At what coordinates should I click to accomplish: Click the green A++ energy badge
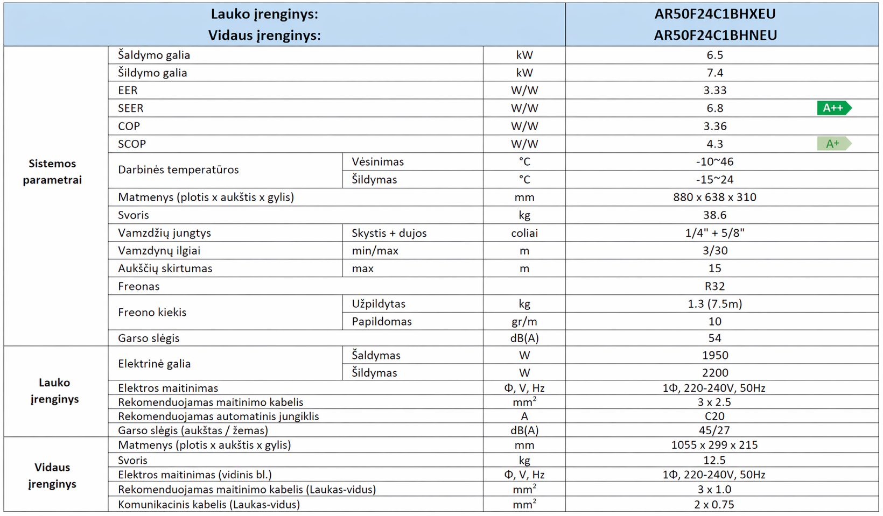pyautogui.click(x=833, y=108)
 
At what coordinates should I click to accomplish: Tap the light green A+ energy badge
pyautogui.click(x=833, y=144)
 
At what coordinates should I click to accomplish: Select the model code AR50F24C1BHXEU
pyautogui.click(x=715, y=15)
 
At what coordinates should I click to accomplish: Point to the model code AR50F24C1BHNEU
pyautogui.click(x=715, y=36)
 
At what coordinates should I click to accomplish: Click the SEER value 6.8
pyautogui.click(x=714, y=108)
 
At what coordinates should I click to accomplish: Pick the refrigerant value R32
pyautogui.click(x=714, y=286)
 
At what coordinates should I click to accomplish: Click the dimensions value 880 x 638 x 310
pyautogui.click(x=714, y=197)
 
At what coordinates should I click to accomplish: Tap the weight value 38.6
pyautogui.click(x=714, y=215)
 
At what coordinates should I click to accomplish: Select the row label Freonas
pyautogui.click(x=139, y=286)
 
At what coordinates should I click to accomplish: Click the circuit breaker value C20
pyautogui.click(x=714, y=416)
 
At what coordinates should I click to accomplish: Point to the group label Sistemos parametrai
pyautogui.click(x=52, y=172)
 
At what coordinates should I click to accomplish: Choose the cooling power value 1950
pyautogui.click(x=714, y=356)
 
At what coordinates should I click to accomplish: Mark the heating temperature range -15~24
pyautogui.click(x=714, y=180)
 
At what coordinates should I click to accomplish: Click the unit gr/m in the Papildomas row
pyautogui.click(x=524, y=322)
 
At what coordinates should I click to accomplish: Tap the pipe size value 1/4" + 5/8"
pyautogui.click(x=714, y=233)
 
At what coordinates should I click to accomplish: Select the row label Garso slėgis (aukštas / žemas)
pyautogui.click(x=193, y=430)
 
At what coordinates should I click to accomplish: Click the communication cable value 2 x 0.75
pyautogui.click(x=714, y=505)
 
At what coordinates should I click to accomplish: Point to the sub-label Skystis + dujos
pyautogui.click(x=389, y=233)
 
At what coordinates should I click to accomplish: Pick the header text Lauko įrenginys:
pyautogui.click(x=264, y=15)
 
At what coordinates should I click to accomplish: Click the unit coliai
pyautogui.click(x=524, y=233)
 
